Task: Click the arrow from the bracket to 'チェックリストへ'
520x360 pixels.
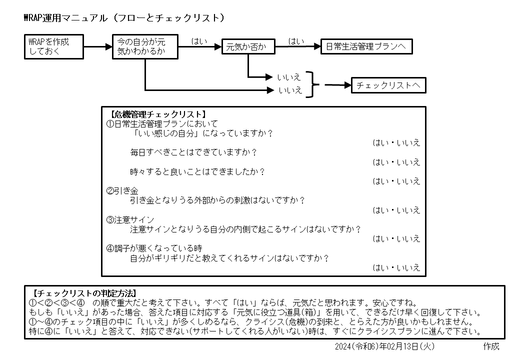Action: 338,85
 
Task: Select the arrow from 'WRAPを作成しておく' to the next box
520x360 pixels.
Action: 98,46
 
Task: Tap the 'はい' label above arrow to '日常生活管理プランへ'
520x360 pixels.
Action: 296,41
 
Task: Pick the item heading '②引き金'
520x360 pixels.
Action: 122,191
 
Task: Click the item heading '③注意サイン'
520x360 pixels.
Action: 130,220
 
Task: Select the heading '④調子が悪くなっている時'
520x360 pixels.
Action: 154,248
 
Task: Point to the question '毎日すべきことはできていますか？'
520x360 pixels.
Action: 193,152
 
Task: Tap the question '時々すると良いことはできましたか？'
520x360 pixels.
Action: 197,171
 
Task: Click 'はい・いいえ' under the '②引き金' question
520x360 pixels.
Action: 396,210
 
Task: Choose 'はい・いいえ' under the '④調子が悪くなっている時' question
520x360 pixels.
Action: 396,267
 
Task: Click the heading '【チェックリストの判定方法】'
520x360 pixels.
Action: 84,293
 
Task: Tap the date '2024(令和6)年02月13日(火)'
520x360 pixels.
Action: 384,346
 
